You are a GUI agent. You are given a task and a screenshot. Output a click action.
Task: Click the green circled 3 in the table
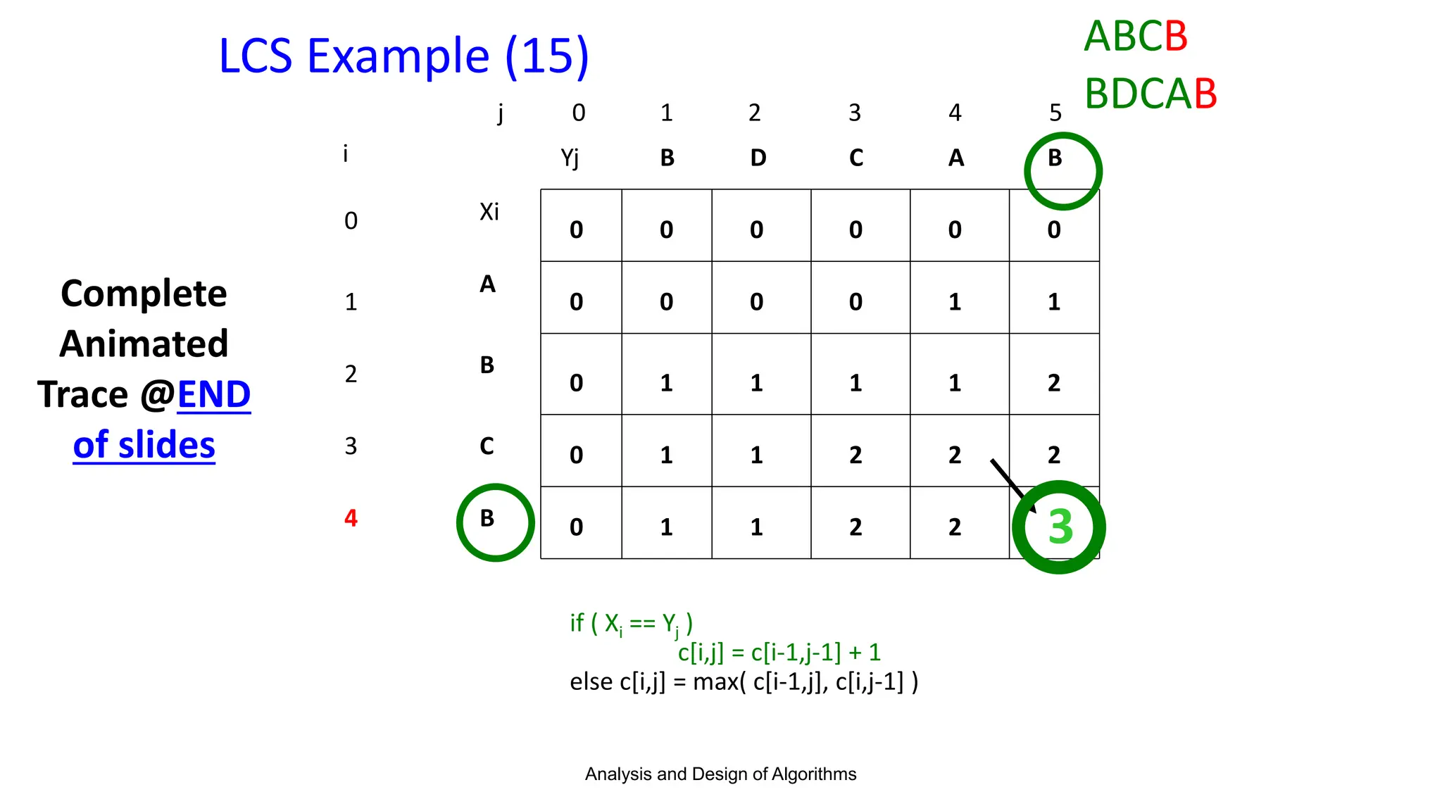pyautogui.click(x=1059, y=527)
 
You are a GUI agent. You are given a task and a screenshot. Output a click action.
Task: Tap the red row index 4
pyautogui.click(x=351, y=519)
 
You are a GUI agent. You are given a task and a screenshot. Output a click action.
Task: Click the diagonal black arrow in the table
pyautogui.click(x=1012, y=485)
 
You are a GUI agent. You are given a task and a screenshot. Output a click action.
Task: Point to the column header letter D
pyautogui.click(x=758, y=158)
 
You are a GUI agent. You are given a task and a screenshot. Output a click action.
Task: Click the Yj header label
pyautogui.click(x=570, y=158)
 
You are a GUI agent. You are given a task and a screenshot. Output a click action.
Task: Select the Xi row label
pyautogui.click(x=489, y=211)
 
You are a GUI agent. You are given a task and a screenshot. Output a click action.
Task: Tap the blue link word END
pyautogui.click(x=213, y=394)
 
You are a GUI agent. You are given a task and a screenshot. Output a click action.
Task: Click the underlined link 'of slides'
pyautogui.click(x=144, y=445)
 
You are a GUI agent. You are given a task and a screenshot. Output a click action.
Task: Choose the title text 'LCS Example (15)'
pyautogui.click(x=403, y=56)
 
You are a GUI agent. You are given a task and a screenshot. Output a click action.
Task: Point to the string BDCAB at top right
pyautogui.click(x=1150, y=94)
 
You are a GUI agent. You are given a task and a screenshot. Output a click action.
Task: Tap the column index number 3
pyautogui.click(x=855, y=113)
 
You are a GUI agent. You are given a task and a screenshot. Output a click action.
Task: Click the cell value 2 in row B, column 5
pyautogui.click(x=1053, y=382)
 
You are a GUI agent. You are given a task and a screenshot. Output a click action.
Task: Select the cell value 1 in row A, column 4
pyautogui.click(x=954, y=302)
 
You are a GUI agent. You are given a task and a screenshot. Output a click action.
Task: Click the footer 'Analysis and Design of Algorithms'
pyautogui.click(x=720, y=774)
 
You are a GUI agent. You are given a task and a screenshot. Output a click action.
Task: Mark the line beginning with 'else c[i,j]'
pyautogui.click(x=744, y=681)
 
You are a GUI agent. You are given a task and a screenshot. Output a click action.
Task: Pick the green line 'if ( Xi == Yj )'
pyautogui.click(x=632, y=623)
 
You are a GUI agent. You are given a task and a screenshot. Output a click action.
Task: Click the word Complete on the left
pyautogui.click(x=144, y=294)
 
